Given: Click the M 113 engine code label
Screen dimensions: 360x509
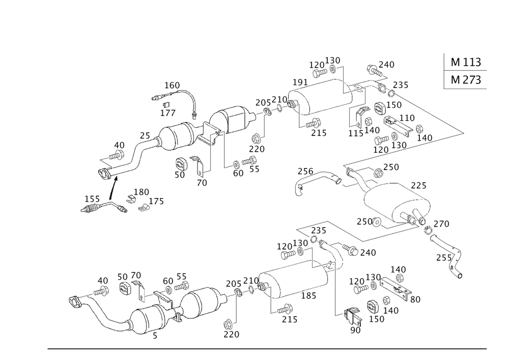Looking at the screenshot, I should click(x=465, y=62).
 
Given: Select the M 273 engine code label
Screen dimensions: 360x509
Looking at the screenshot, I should click(x=465, y=80).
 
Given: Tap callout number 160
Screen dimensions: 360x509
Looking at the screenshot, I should click(x=173, y=86).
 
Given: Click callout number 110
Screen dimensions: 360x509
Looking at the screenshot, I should click(x=407, y=118).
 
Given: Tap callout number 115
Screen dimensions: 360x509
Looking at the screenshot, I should click(x=355, y=132).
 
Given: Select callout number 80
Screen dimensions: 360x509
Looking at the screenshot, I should click(x=415, y=299).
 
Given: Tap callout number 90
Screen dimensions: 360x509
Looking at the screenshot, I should click(x=355, y=330).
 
